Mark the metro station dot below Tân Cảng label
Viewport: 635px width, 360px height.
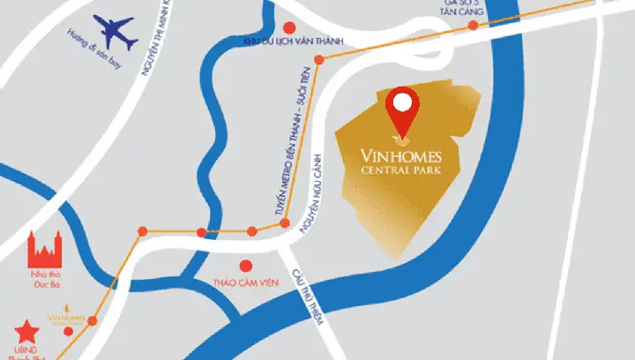474,25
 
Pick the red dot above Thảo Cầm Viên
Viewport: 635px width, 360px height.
246,265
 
